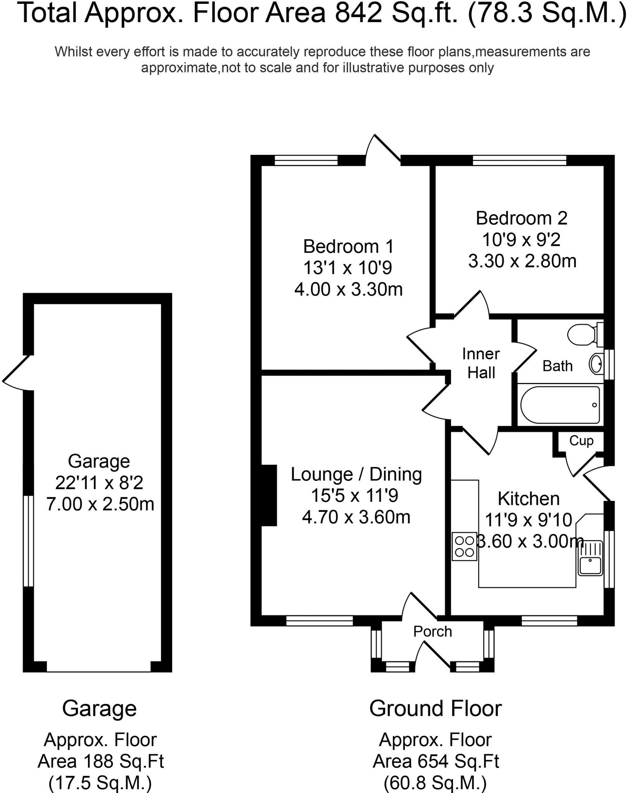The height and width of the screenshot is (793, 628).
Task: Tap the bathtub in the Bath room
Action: pyautogui.click(x=560, y=405)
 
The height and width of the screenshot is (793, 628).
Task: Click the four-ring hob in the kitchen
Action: pyautogui.click(x=465, y=546)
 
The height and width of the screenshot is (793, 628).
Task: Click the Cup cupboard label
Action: pyautogui.click(x=581, y=441)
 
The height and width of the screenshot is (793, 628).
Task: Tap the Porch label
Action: pyautogui.click(x=432, y=632)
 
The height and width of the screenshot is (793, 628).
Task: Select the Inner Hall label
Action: pyautogui.click(x=481, y=363)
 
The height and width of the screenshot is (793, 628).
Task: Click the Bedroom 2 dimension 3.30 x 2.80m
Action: pyautogui.click(x=522, y=261)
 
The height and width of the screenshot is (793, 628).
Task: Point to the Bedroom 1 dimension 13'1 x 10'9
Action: pyautogui.click(x=348, y=268)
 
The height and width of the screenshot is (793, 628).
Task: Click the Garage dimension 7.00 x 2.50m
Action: pyautogui.click(x=100, y=504)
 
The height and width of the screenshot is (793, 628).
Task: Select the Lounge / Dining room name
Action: pyautogui.click(x=356, y=474)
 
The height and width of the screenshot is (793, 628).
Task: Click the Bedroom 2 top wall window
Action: pyautogui.click(x=519, y=160)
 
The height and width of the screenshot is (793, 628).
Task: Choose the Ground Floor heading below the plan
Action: pyautogui.click(x=435, y=709)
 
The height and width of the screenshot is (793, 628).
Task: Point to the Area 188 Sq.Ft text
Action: pyautogui.click(x=101, y=762)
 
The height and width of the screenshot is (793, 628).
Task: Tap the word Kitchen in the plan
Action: pyautogui.click(x=528, y=499)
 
